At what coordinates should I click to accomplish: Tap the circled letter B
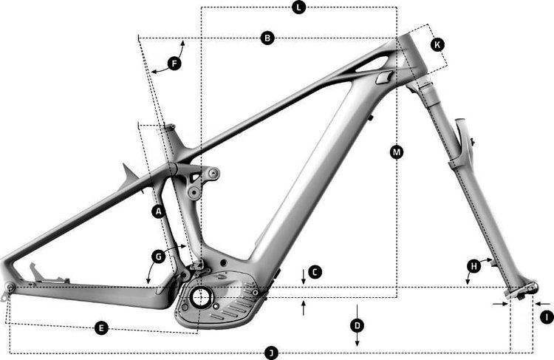(x=268, y=38)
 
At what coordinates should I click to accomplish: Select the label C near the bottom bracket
(x=315, y=272)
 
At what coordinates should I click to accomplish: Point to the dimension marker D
(x=357, y=325)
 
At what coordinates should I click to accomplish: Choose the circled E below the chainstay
(x=102, y=327)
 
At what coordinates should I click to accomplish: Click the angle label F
(x=174, y=64)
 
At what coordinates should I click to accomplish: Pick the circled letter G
(x=157, y=257)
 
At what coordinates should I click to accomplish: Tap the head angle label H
(x=473, y=265)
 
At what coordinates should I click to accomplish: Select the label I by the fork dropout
(x=546, y=316)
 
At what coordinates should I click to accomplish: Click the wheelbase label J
(x=271, y=353)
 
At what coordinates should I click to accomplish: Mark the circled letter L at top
(x=298, y=7)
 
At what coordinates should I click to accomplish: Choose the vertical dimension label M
(x=397, y=152)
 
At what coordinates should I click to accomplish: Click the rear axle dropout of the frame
(x=10, y=288)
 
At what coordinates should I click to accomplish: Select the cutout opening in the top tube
(x=382, y=78)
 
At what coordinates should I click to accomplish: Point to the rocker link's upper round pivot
(x=213, y=174)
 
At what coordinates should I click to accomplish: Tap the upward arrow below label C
(x=304, y=308)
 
